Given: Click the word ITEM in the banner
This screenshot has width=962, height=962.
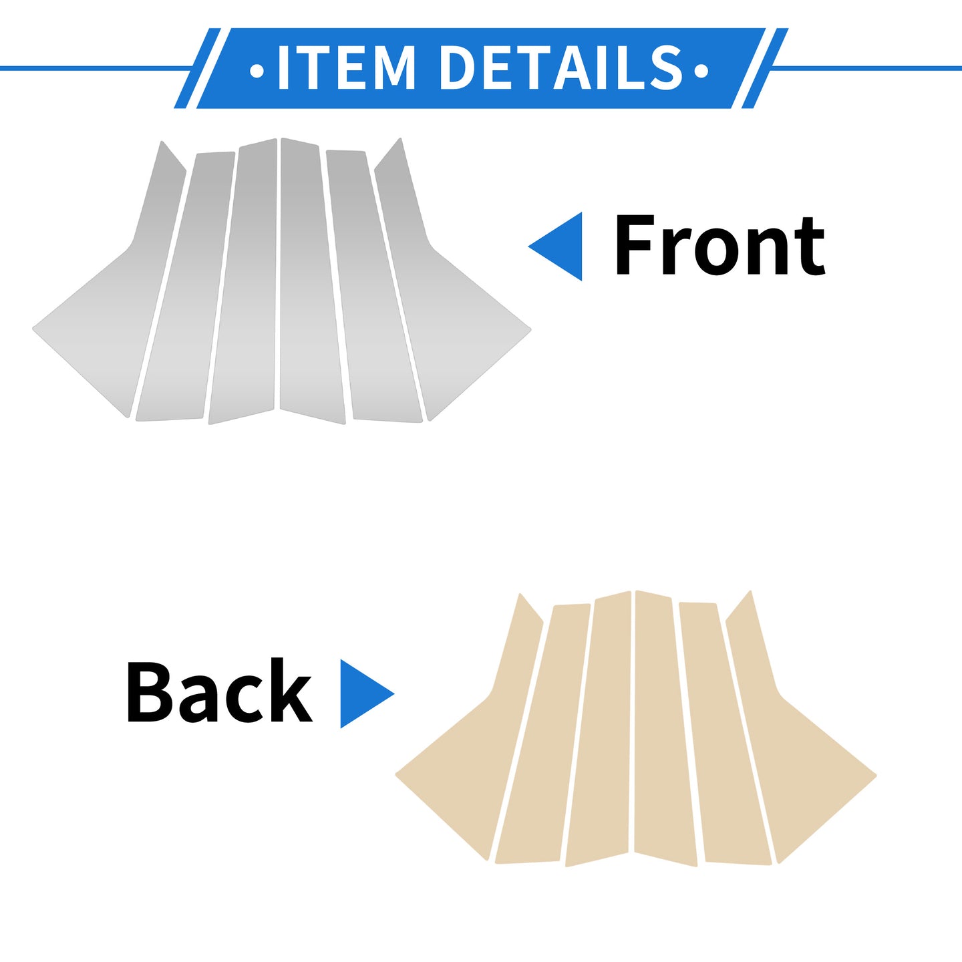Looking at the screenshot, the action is pos(347,67).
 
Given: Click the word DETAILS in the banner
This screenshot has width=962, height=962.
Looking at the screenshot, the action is pos(562,67).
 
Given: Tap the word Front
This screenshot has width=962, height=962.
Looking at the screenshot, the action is pos(719,245).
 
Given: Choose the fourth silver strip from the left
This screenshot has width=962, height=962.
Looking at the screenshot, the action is pos(312,281).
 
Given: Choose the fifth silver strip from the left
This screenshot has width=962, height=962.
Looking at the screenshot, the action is pos(373,286).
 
